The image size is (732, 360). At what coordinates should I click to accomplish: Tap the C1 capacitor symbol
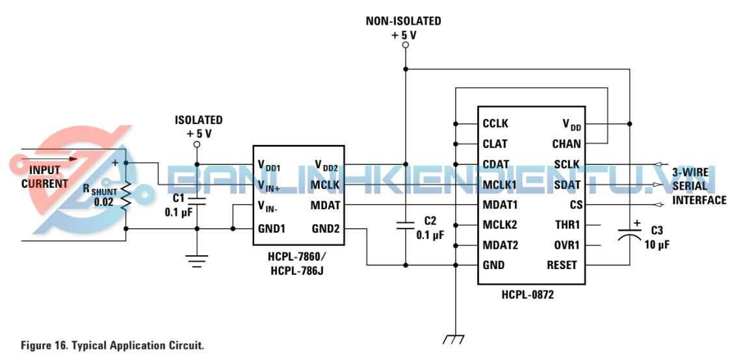click(x=197, y=199)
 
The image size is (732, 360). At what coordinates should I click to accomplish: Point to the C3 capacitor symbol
click(x=629, y=234)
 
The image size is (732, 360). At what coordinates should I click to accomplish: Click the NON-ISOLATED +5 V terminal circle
click(x=405, y=45)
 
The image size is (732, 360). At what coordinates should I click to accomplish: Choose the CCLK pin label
click(x=495, y=123)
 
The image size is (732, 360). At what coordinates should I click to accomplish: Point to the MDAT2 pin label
click(x=499, y=245)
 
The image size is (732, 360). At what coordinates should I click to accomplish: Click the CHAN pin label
click(x=567, y=144)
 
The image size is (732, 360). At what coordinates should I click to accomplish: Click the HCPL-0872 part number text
click(x=527, y=294)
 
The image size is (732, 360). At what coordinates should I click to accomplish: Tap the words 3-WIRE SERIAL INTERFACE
click(x=699, y=187)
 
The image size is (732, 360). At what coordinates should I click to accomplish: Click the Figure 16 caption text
click(x=112, y=345)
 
